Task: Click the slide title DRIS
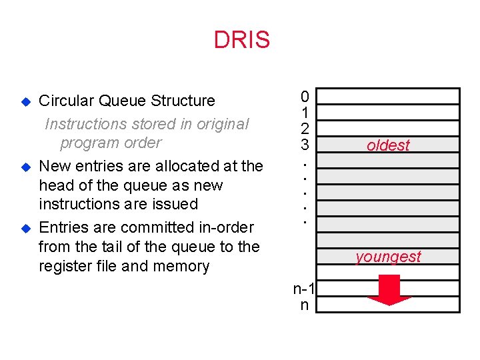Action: click(241, 40)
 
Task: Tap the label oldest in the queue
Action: click(388, 145)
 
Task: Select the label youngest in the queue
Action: click(388, 257)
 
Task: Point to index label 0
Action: click(304, 97)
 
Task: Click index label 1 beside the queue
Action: click(304, 113)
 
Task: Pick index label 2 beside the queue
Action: click(304, 128)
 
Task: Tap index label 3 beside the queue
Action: click(304, 143)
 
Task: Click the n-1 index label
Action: click(305, 289)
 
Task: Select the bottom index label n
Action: click(305, 305)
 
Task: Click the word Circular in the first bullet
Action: click(67, 101)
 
